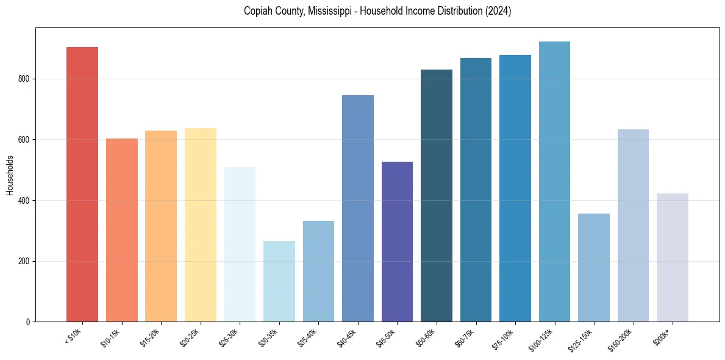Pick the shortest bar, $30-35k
click(279, 281)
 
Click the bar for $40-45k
click(358, 208)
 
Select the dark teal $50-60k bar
click(437, 195)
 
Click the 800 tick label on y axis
click(24, 79)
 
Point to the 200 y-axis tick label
click(24, 261)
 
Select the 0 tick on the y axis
click(28, 322)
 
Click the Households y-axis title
click(10, 175)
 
